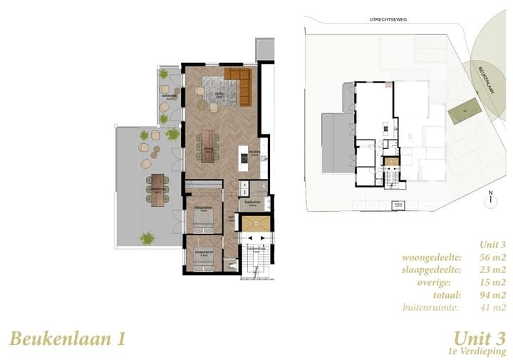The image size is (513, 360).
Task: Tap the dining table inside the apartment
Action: coord(207,145)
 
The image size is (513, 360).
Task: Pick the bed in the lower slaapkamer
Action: coord(202,262)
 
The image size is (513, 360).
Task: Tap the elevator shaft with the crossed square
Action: coord(253,224)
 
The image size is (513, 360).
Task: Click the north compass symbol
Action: coord(490,200)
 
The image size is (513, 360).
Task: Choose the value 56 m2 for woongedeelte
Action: coord(491,257)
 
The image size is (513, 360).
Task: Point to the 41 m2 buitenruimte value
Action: coord(491,308)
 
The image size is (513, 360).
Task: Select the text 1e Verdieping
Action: coord(477,351)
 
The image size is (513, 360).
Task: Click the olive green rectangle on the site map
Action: coord(461,109)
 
